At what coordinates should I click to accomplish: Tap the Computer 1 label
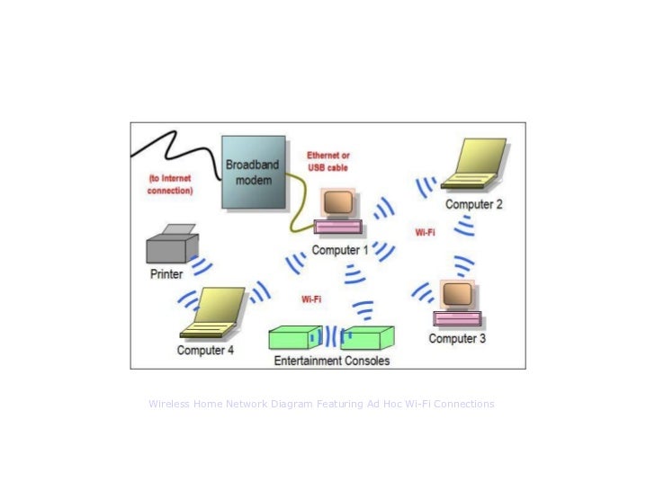340,251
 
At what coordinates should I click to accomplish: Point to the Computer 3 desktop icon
457,304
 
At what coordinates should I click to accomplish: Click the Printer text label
166,274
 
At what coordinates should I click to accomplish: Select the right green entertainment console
367,338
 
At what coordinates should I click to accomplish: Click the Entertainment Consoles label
332,361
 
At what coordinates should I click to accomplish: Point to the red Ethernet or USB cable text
327,161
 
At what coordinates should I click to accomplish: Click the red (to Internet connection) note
171,184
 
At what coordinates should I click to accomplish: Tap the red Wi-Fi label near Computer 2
426,232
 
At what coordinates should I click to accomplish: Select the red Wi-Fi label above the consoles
311,298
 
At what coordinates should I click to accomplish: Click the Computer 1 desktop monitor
337,203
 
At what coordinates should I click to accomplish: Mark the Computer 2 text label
474,204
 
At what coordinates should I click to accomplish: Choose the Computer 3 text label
457,339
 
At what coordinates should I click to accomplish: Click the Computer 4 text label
205,350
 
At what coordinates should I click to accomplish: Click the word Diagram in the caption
288,405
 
